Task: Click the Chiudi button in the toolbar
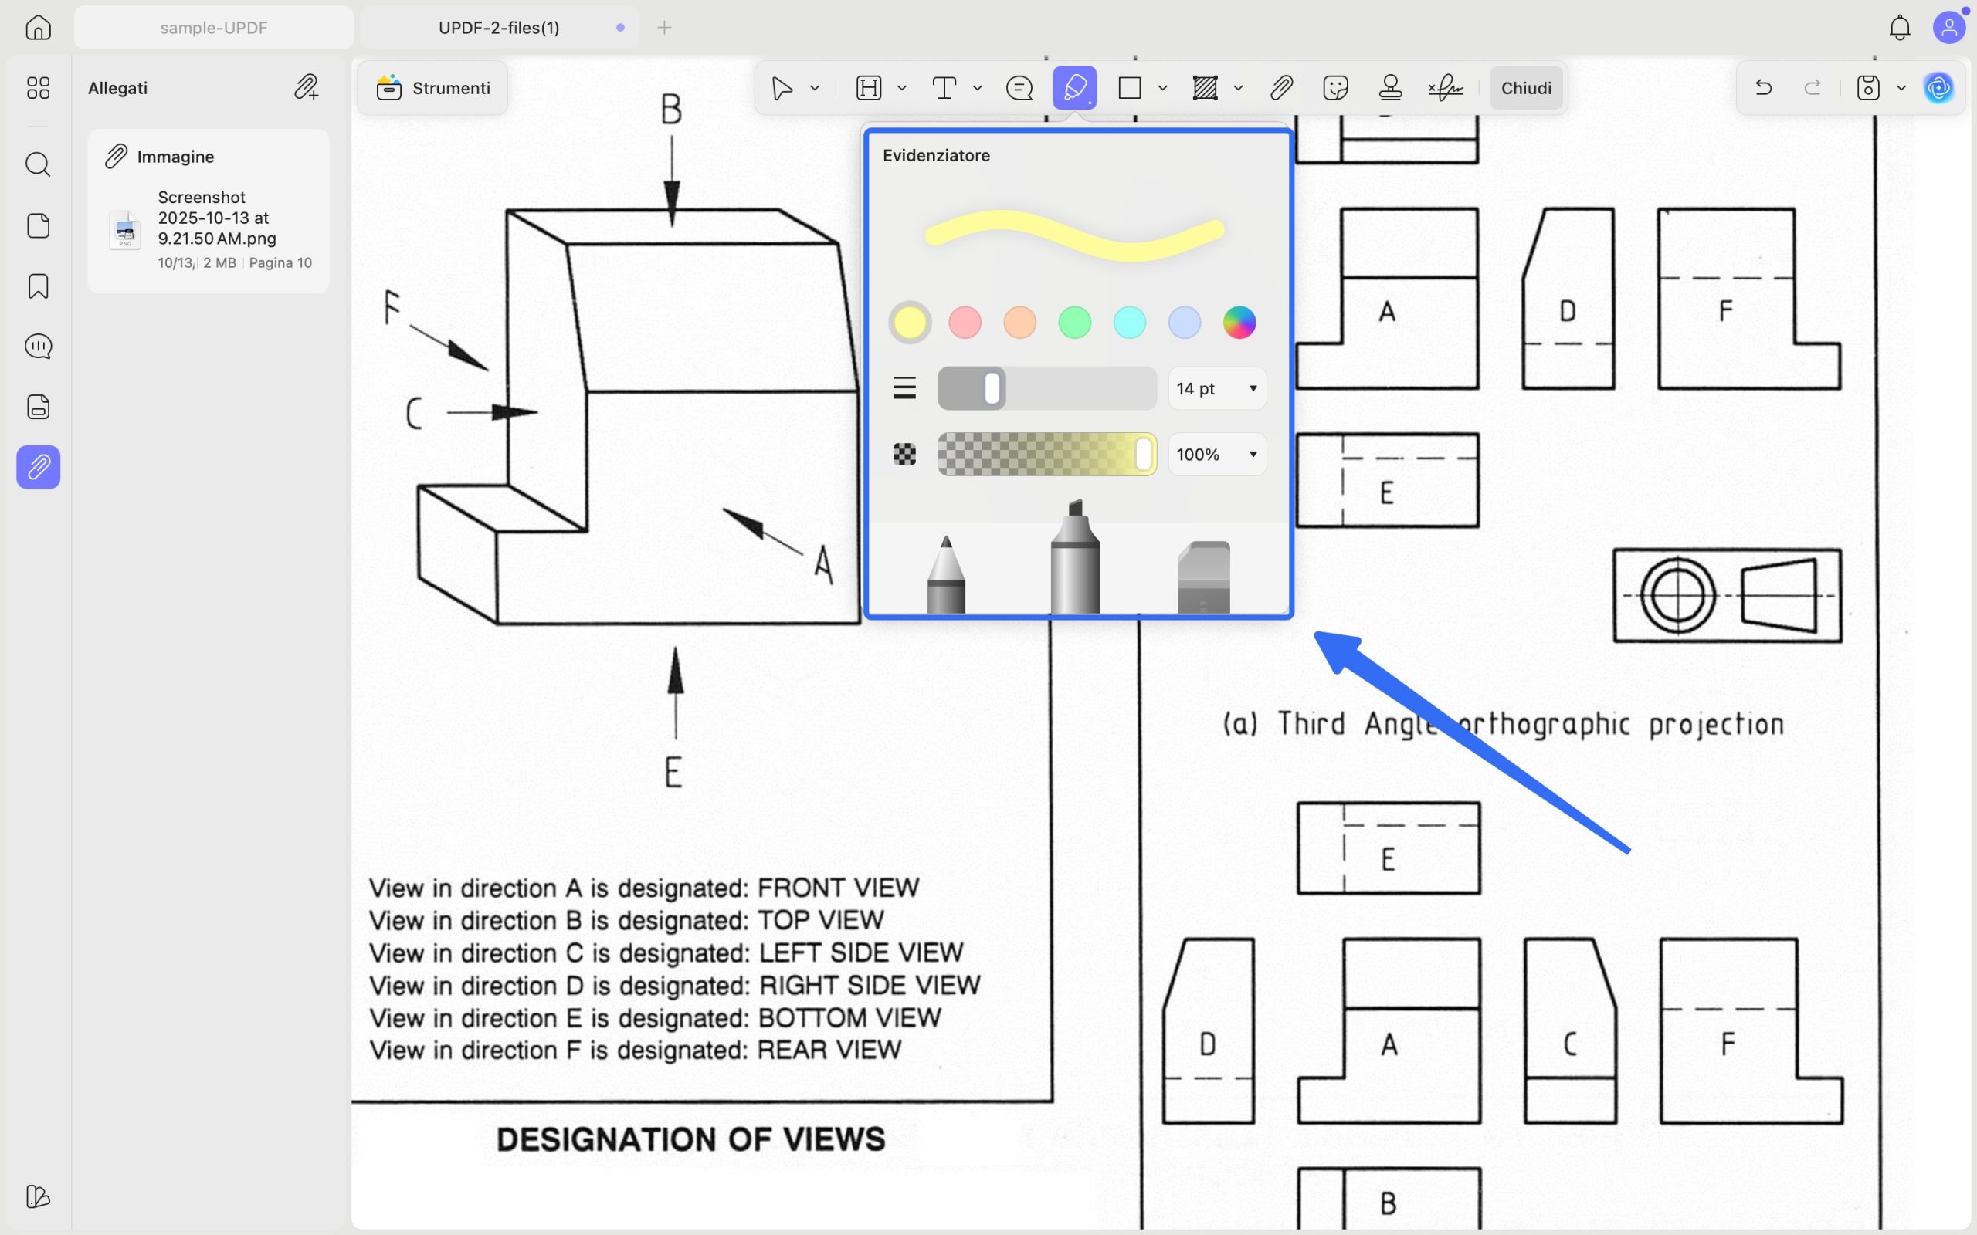(1526, 88)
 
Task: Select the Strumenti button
(433, 88)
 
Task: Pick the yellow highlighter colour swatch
(910, 323)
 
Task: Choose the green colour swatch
(1074, 323)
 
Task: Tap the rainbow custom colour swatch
(1239, 323)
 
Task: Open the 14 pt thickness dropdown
(1217, 389)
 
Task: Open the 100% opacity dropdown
(1217, 455)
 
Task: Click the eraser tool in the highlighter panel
(1203, 577)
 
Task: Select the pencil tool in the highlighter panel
(946, 574)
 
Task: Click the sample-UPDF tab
(214, 28)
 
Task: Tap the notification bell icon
(1901, 28)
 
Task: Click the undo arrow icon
(1763, 87)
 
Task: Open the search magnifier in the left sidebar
(39, 165)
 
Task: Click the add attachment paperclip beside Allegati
(307, 87)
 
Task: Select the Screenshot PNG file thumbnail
(125, 229)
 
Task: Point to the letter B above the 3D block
(670, 110)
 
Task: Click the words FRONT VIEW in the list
(838, 888)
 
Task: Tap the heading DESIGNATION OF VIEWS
(691, 1139)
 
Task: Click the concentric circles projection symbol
(1678, 595)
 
